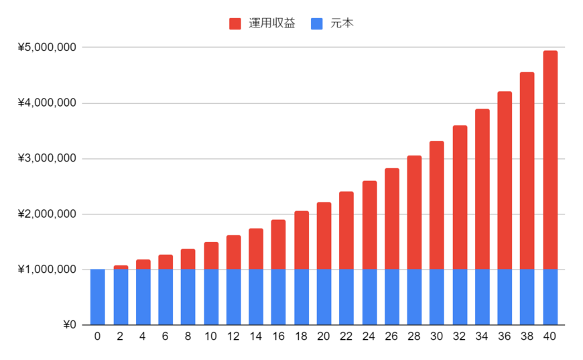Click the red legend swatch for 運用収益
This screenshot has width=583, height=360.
point(235,23)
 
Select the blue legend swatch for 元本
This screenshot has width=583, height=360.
point(317,23)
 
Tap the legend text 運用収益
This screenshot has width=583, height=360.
point(271,23)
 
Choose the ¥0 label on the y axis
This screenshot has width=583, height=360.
point(70,325)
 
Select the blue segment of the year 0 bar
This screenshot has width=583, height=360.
point(98,297)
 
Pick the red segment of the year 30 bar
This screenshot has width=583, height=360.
point(437,205)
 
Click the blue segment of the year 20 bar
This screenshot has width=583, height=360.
point(324,297)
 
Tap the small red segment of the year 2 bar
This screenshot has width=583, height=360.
point(121,267)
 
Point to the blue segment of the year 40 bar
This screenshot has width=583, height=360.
point(550,297)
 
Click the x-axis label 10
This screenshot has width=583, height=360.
point(210,337)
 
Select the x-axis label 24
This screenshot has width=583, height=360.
point(369,337)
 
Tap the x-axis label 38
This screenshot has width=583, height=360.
point(527,337)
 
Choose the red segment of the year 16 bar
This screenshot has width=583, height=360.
point(279,245)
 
